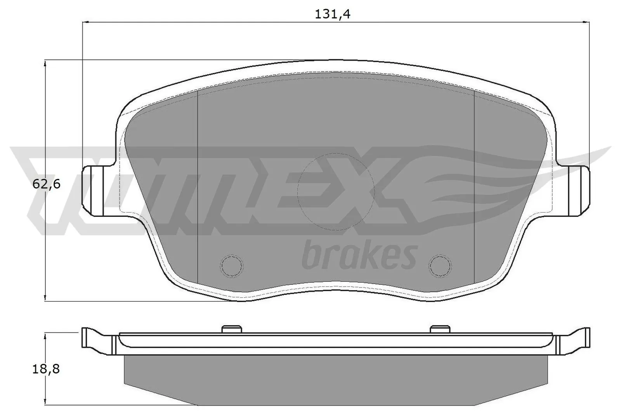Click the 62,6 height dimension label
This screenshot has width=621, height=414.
click(46, 184)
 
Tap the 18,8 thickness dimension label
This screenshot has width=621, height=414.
click(46, 369)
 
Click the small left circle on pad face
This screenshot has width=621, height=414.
click(231, 266)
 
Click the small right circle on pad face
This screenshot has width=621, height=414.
click(440, 266)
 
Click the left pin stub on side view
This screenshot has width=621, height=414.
click(232, 329)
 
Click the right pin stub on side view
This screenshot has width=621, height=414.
click(441, 329)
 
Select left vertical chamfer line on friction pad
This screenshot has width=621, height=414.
click(198, 186)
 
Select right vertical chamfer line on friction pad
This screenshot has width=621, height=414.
click(474, 186)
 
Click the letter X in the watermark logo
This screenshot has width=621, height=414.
click(373, 194)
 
